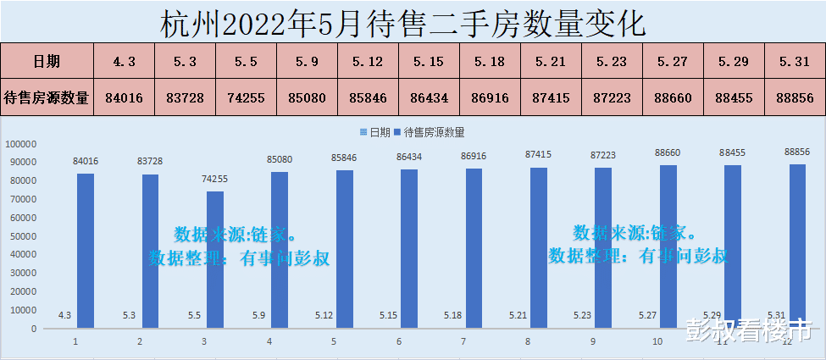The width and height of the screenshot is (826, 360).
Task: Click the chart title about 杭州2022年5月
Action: tap(403, 22)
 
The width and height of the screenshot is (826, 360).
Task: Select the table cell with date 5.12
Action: tap(368, 61)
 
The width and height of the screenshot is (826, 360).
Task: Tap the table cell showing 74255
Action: tap(246, 97)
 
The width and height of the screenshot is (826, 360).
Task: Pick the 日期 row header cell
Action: tap(47, 61)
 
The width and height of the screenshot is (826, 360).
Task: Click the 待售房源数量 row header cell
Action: tap(47, 97)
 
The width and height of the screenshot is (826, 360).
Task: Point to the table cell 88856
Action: tap(794, 97)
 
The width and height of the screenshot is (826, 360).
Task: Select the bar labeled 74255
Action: tap(215, 259)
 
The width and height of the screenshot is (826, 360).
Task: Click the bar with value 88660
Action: tap(669, 246)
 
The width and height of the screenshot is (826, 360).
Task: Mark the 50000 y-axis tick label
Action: tap(22, 235)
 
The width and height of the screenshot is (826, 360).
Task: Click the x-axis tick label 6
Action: tap(398, 341)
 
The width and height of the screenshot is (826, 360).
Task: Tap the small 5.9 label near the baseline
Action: tap(258, 316)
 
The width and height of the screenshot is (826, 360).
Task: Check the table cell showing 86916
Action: tap(490, 97)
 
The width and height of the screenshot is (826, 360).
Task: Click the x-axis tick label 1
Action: tap(75, 341)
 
